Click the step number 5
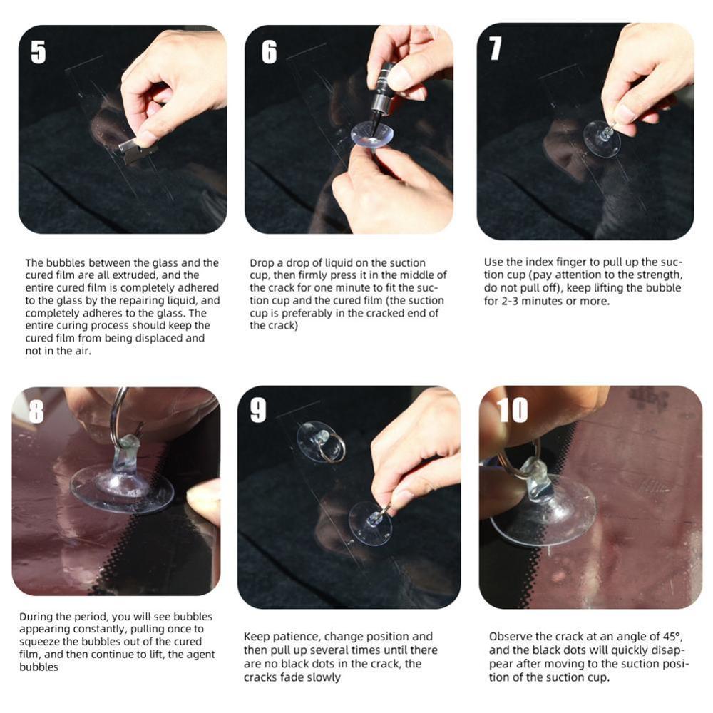pyautogui.click(x=39, y=52)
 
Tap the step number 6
pyautogui.click(x=269, y=52)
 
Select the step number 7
pyautogui.click(x=496, y=48)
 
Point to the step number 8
pyautogui.click(x=36, y=411)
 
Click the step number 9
pyautogui.click(x=258, y=410)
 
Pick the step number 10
pyautogui.click(x=512, y=410)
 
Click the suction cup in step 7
pyautogui.click(x=602, y=138)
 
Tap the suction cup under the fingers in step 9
pyautogui.click(x=371, y=523)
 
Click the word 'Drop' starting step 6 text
pyautogui.click(x=262, y=263)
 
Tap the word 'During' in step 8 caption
pyautogui.click(x=36, y=617)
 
